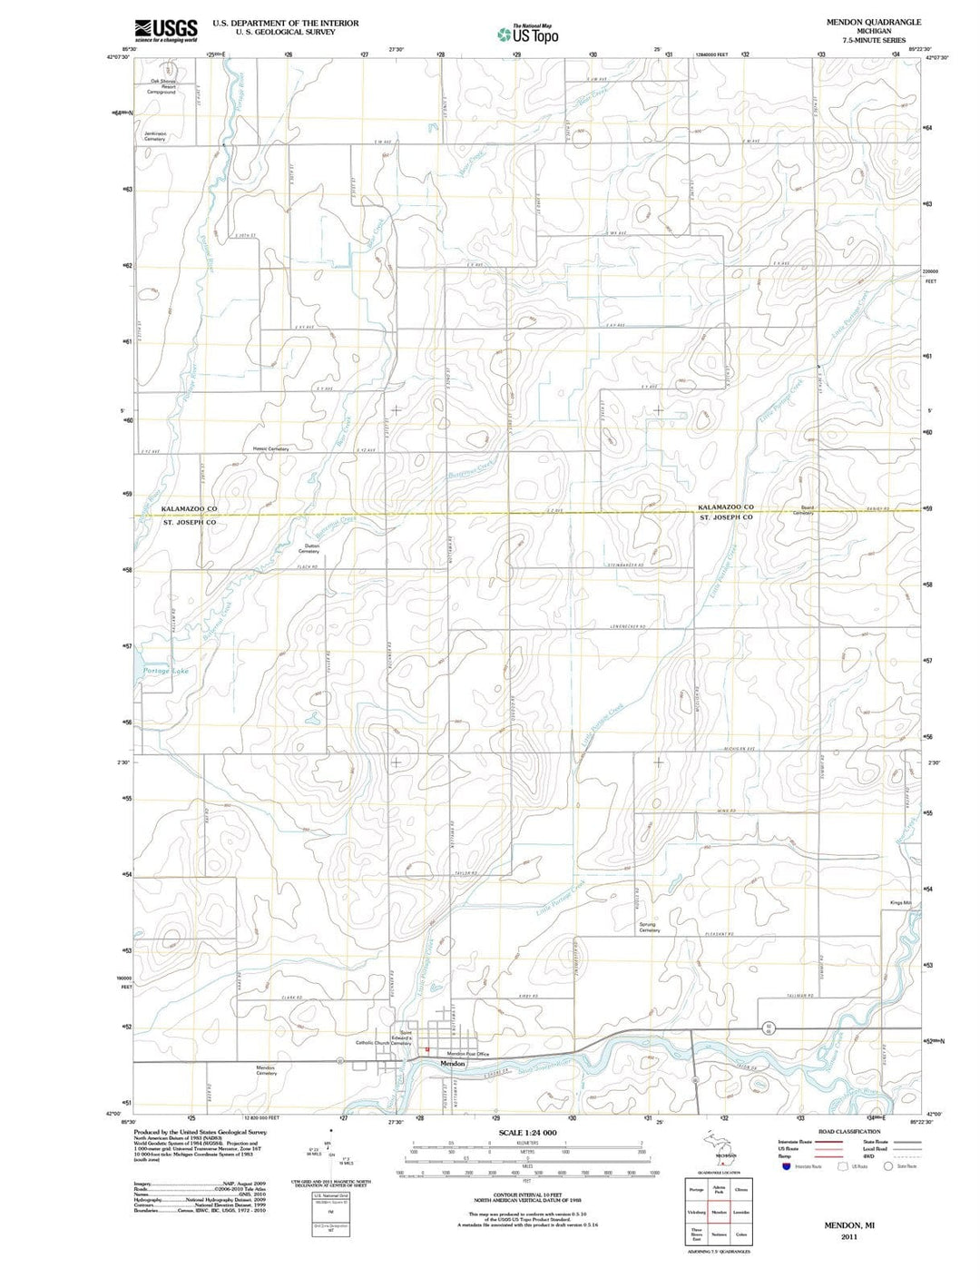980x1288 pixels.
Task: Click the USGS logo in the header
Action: click(x=166, y=30)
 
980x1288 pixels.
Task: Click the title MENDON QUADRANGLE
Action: click(x=873, y=22)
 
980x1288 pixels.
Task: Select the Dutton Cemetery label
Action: click(x=309, y=549)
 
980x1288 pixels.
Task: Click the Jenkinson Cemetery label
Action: click(x=155, y=136)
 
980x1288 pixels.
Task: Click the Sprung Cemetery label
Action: click(x=649, y=928)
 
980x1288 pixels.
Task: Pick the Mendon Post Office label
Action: click(x=466, y=1054)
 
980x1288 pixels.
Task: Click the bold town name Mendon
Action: click(x=452, y=1063)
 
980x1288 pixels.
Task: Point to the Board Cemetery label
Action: click(x=803, y=510)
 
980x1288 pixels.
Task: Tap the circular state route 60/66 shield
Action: click(x=769, y=1027)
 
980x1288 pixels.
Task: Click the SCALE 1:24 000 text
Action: click(x=527, y=1134)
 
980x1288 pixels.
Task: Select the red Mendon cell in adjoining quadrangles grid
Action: click(x=719, y=1212)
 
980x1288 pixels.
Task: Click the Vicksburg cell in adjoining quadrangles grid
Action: click(x=696, y=1212)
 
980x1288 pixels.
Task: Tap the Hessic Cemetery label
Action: click(x=270, y=449)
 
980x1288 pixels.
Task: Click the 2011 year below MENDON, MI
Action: click(x=848, y=1236)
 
